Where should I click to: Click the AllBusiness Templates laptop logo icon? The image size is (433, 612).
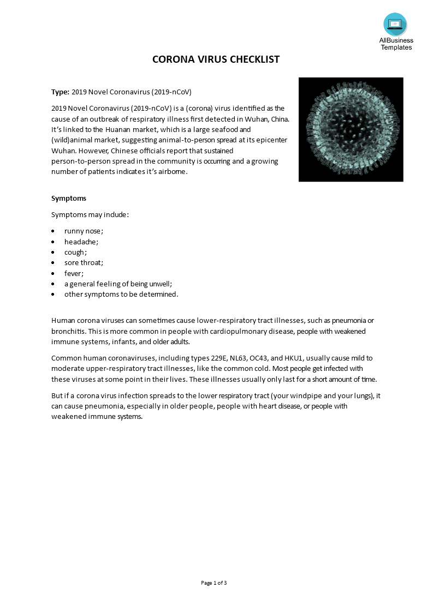(x=395, y=24)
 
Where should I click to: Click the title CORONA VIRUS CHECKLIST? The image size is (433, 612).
(x=216, y=59)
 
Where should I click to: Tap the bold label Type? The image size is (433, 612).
(x=60, y=92)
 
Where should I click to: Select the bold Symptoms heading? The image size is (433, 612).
(x=69, y=198)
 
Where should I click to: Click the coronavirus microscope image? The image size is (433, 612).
(x=351, y=129)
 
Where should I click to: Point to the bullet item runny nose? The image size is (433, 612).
(x=84, y=231)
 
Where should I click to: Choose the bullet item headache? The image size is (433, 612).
(x=81, y=242)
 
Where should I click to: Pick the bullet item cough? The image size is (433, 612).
(x=75, y=252)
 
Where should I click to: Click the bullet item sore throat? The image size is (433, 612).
(x=84, y=262)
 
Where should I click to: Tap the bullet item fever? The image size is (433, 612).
(x=74, y=273)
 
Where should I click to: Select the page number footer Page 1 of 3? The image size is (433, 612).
(x=214, y=583)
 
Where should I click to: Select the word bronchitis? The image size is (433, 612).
(x=68, y=331)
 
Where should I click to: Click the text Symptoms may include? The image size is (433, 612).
(x=90, y=214)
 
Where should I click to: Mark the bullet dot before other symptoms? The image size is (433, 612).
(x=53, y=295)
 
